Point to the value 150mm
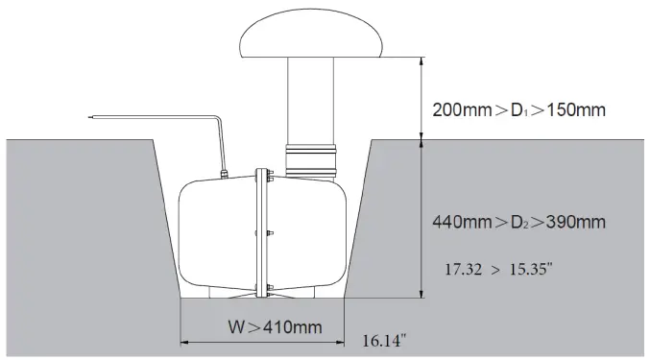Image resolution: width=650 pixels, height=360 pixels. coord(576,110)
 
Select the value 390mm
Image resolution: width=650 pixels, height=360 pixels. coord(576,223)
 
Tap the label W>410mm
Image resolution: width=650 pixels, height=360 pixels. coord(275,327)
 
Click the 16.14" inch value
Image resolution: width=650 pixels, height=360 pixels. coord(384,341)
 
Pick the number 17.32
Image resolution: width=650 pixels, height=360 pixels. coord(463,270)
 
